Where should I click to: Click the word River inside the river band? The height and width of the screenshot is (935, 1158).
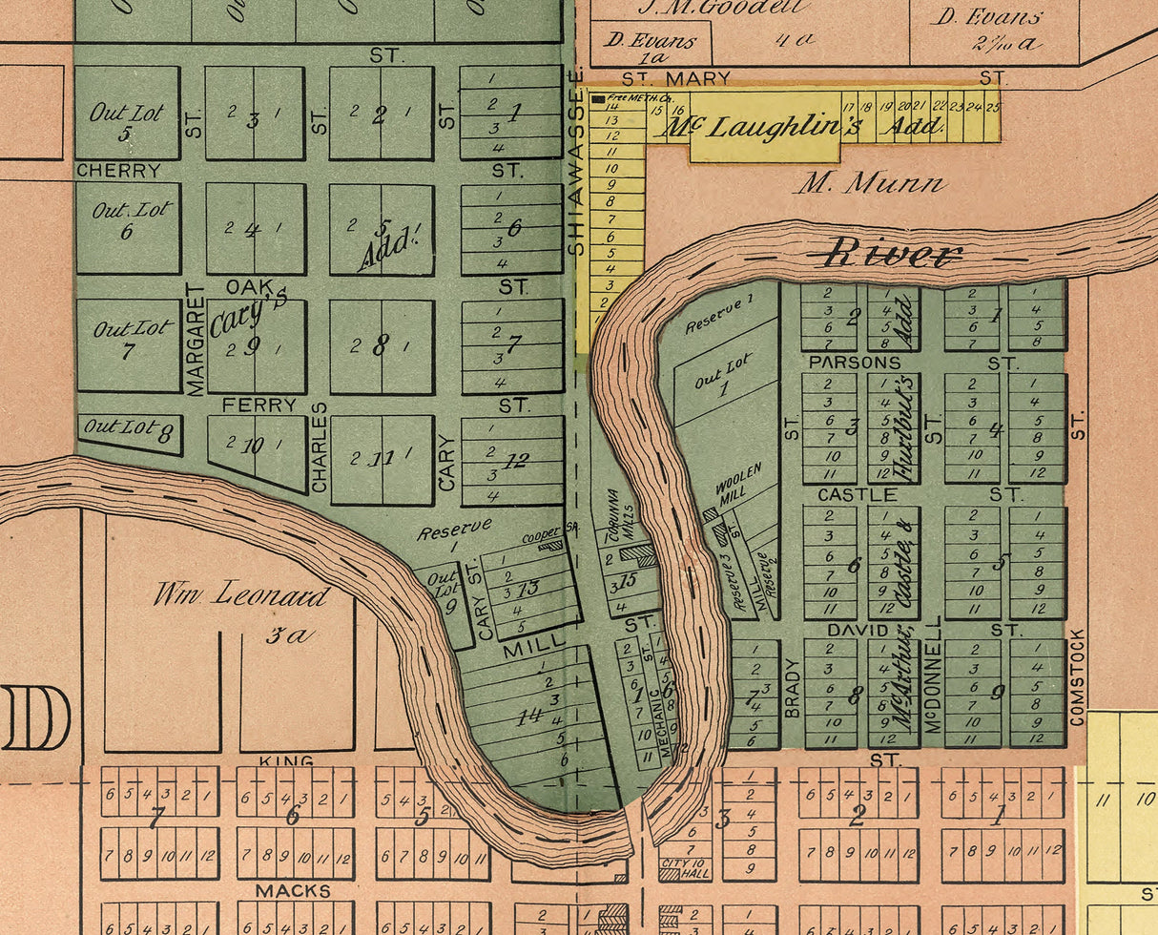pos(893,254)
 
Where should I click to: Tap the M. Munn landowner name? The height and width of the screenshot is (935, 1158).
pos(869,182)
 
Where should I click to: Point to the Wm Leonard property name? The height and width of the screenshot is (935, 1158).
pos(241,596)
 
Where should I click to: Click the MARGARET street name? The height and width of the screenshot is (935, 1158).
pos(196,339)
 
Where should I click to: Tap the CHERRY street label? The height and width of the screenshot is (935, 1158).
pos(118,171)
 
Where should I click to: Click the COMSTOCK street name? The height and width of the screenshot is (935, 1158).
pos(1078,676)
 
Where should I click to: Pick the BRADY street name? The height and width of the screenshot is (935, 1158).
pos(791,687)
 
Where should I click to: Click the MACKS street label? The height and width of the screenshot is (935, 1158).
pos(293,891)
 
